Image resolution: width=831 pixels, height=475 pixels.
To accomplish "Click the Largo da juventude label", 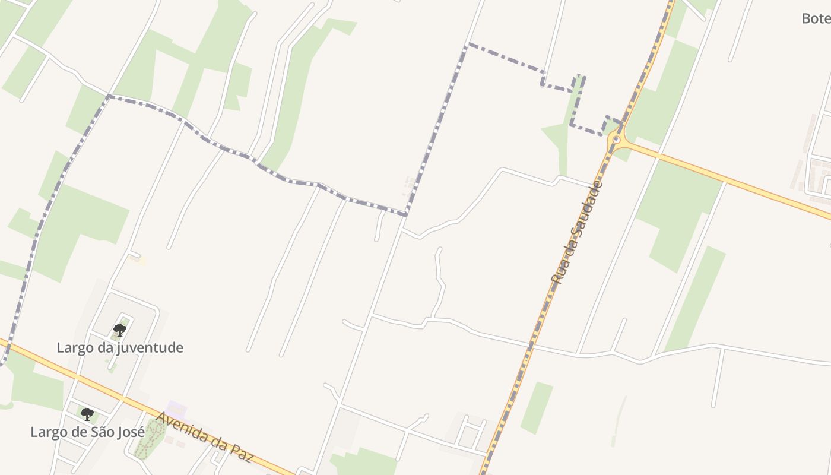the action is [120, 347].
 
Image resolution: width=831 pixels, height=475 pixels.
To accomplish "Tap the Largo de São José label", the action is [87, 432].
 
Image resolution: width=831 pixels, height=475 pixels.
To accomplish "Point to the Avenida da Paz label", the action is [204, 437].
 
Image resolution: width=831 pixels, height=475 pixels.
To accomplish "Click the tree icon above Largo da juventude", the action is [120, 330].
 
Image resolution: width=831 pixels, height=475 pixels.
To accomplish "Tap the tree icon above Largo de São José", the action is [87, 414].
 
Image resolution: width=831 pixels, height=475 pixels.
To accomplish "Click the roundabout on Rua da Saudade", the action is [616, 140].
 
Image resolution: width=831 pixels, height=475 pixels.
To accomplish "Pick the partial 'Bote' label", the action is [816, 18].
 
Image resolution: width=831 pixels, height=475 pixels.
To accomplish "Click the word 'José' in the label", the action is [130, 432].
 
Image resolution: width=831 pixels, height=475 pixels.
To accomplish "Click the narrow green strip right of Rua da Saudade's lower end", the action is [537, 407].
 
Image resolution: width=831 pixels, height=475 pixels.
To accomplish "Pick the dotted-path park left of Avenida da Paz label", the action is [149, 440].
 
